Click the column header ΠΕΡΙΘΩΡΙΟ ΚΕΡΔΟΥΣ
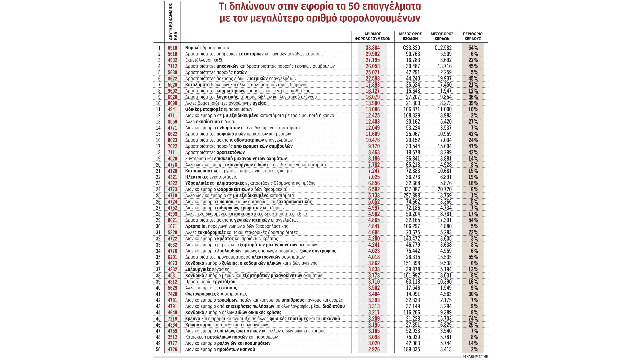pos(473,36)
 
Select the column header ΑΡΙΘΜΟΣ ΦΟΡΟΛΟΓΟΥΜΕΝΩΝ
pos(372,36)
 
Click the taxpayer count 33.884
pos(373,48)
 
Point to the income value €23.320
pos(411,48)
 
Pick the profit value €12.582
pos(443,48)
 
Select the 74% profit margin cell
pos(473,319)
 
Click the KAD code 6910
pos(172,48)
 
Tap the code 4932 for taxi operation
pos(172,60)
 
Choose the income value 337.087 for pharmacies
pos(411,189)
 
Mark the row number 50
pos(158,350)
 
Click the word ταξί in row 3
pos(218,60)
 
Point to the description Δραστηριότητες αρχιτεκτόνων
pos(215,153)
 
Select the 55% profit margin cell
pos(473,257)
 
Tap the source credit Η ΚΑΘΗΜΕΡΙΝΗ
pos(475,357)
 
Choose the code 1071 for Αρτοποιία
pos(172,226)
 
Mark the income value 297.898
pos(411,196)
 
